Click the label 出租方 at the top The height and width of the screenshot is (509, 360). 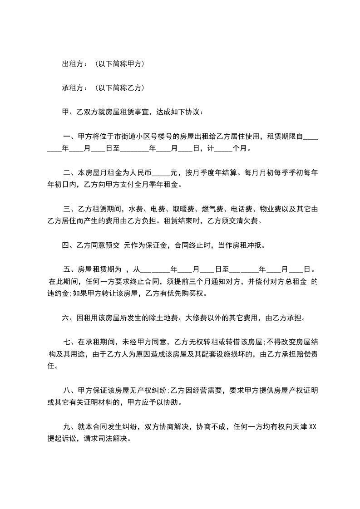tap(72, 64)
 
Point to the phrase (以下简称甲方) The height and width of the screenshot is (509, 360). tap(120, 64)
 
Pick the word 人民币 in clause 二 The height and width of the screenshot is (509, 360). tap(140, 172)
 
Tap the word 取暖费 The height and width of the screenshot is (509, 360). tap(180, 209)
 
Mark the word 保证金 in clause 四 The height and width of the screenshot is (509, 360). tap(154, 245)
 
